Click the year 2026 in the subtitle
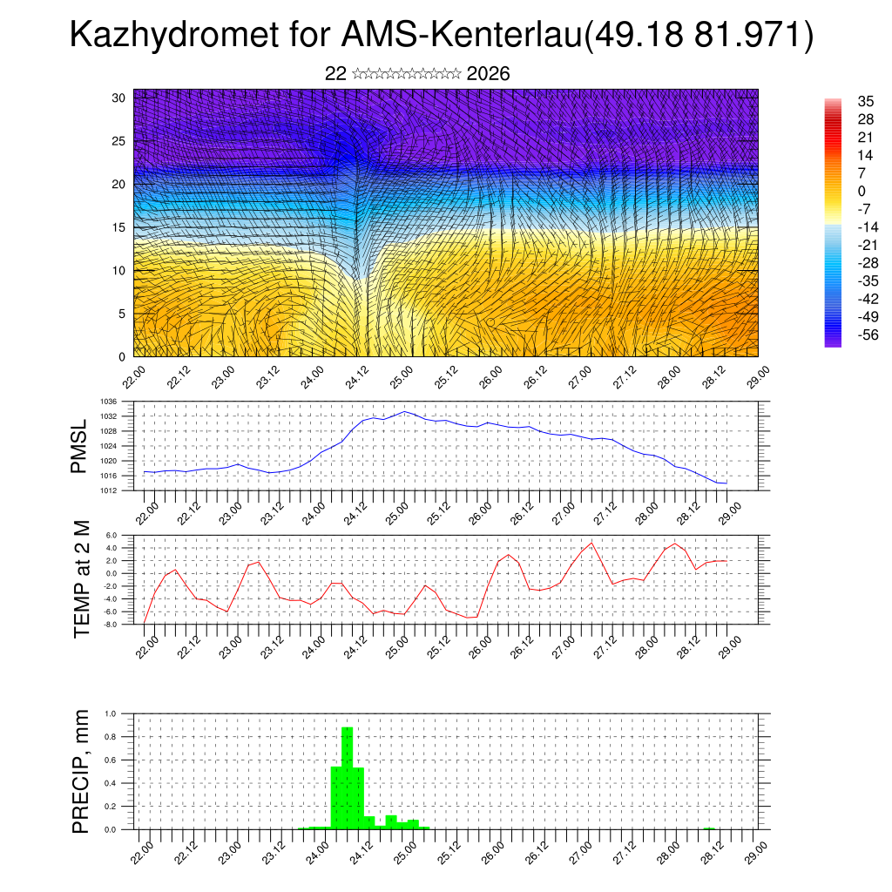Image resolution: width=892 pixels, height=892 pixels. click(488, 74)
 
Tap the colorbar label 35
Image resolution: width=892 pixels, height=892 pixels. click(866, 101)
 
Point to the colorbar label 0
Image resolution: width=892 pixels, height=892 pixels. click(862, 191)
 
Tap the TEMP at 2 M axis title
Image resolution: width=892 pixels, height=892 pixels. click(82, 578)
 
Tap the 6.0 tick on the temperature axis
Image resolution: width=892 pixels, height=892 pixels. click(111, 536)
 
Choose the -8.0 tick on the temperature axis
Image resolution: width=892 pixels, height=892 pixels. click(111, 624)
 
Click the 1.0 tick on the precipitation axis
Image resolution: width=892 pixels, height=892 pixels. click(111, 713)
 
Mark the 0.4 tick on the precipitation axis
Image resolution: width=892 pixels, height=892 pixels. click(111, 783)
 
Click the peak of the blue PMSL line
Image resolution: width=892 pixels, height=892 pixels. click(404, 411)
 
